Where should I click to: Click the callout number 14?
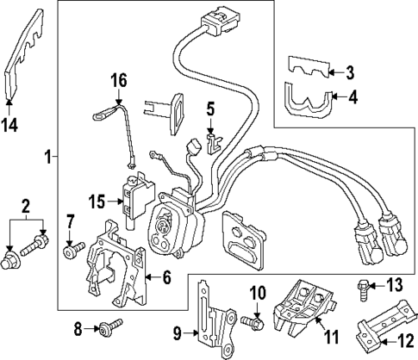9,124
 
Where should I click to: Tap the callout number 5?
209,109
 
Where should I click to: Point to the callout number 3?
351,71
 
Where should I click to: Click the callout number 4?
351,98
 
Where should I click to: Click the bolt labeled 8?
109,327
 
